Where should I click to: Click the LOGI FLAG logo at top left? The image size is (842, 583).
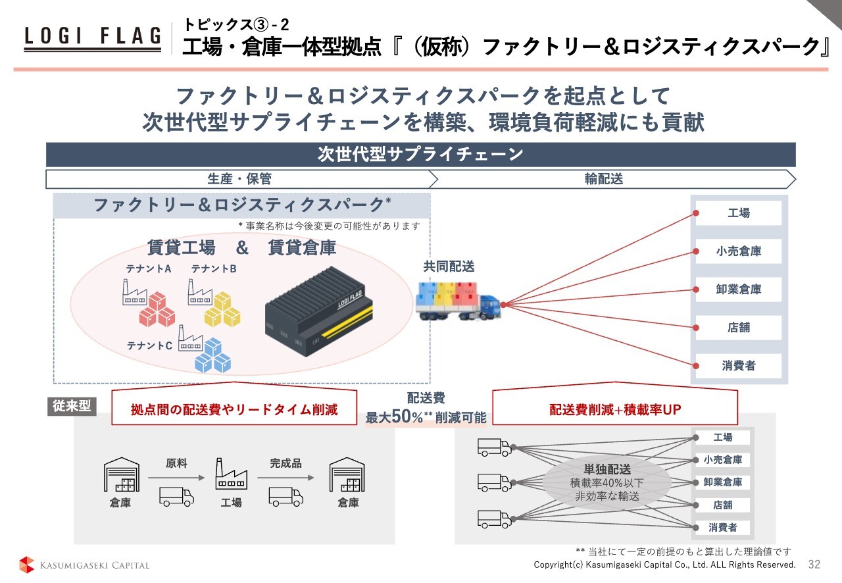point(92,38)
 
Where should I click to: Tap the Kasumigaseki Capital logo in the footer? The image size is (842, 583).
point(84,565)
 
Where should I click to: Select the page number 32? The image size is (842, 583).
point(814,565)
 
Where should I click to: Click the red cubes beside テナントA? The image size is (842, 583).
point(157,310)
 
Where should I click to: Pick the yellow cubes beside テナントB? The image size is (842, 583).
point(222,309)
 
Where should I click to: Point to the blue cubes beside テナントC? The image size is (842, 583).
point(212,355)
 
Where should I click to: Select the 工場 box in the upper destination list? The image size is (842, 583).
point(738,213)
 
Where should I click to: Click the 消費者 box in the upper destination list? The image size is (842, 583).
point(738,366)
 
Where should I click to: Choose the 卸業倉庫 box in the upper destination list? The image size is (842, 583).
point(738,290)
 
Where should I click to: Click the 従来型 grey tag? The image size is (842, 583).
point(71,407)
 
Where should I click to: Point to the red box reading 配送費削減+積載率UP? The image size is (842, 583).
point(615,409)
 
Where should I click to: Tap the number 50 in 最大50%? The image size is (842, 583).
point(401,417)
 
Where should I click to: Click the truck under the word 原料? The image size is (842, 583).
point(176,495)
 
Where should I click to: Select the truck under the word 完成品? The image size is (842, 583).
point(285,495)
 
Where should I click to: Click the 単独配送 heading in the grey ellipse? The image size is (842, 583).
point(607,470)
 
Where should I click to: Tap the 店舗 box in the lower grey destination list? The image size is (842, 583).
point(723,505)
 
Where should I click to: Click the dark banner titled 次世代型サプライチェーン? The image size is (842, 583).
point(420,155)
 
